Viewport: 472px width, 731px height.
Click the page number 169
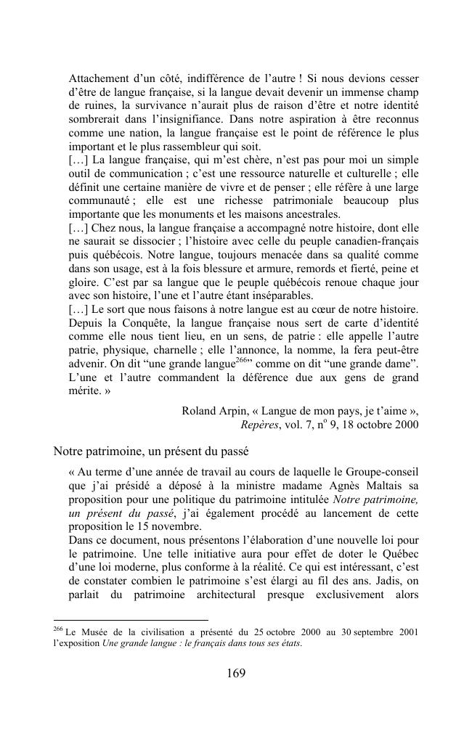236,673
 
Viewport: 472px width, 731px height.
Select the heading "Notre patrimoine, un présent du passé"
151,452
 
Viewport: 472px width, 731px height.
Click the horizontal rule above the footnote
131,619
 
